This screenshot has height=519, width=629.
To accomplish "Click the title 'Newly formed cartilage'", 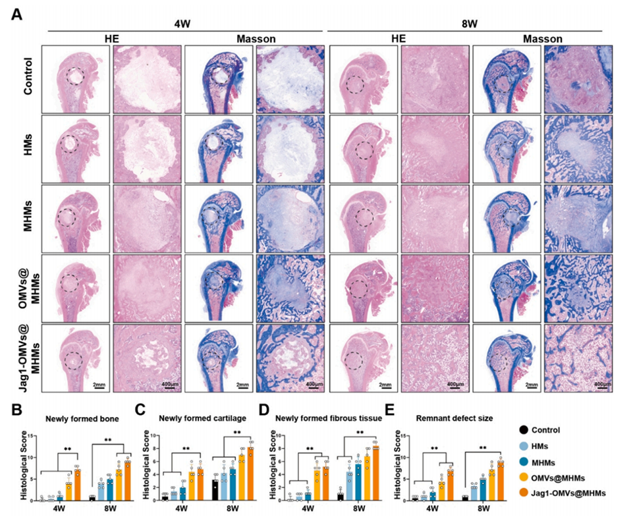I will coord(201,418).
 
